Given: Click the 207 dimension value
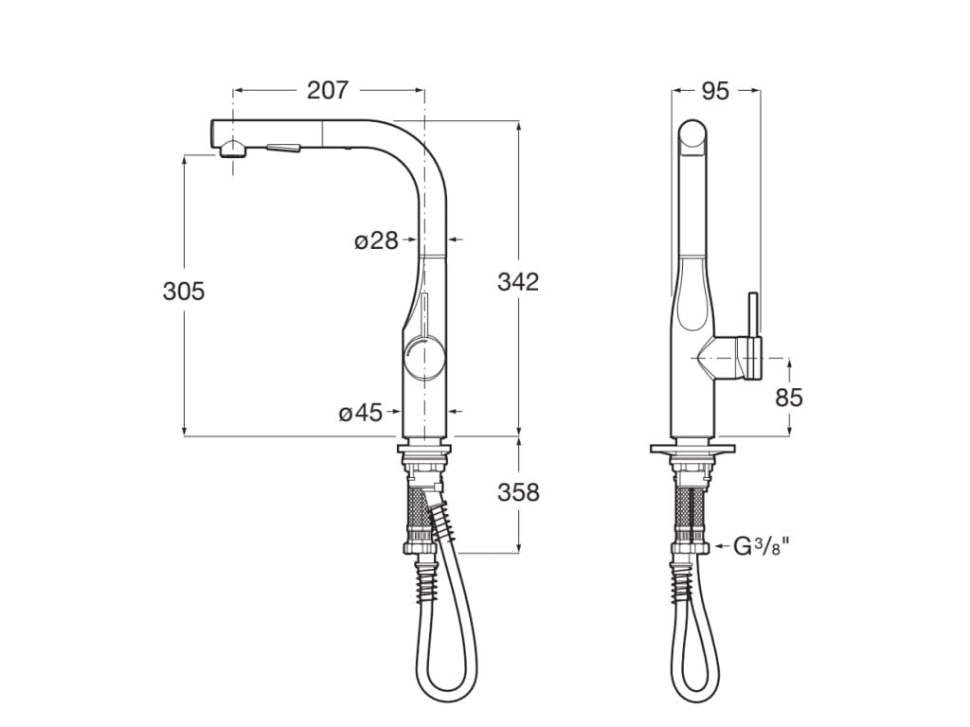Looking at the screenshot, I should [x=328, y=90].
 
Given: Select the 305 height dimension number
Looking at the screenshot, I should [x=184, y=292].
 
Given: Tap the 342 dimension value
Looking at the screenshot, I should [x=518, y=281].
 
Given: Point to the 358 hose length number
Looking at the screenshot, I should [x=518, y=492].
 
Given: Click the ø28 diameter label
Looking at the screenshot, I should [x=376, y=240].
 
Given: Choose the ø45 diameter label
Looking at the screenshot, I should [x=361, y=412].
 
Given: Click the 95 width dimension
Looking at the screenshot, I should [x=715, y=91].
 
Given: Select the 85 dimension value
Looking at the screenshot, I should [x=788, y=398].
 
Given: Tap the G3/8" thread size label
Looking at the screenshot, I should [x=763, y=546].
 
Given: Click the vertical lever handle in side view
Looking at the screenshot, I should [x=754, y=322].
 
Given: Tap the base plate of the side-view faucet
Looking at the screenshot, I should [x=692, y=448].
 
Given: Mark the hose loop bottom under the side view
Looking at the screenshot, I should [x=692, y=698].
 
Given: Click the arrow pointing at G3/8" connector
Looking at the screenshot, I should [x=720, y=546].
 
